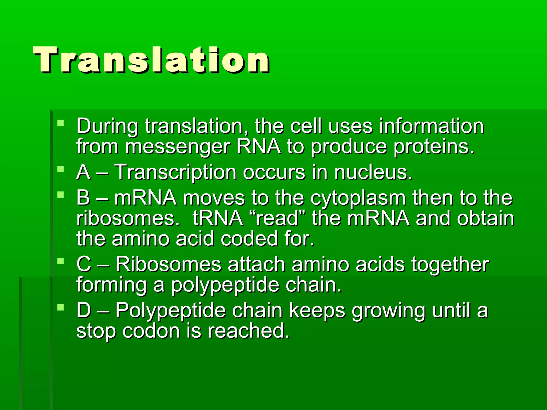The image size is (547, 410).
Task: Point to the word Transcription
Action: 175,172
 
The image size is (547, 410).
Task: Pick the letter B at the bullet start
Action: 83,198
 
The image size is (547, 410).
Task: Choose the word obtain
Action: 485,218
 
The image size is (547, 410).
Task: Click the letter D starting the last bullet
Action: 84,310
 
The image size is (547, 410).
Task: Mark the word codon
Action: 151,331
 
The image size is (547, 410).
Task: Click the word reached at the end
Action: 249,331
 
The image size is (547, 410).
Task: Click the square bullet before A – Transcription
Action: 61,169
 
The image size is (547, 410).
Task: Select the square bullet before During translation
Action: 61,123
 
